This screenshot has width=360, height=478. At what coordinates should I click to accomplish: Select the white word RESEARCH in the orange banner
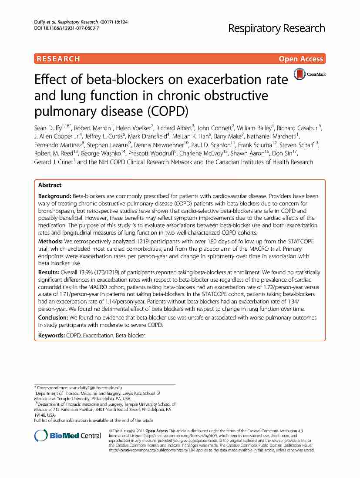click(x=58, y=59)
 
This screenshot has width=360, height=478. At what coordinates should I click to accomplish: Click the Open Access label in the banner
click(x=301, y=59)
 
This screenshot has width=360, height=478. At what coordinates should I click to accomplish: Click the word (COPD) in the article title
click(x=167, y=111)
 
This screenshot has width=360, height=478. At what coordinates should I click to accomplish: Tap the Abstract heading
click(x=50, y=185)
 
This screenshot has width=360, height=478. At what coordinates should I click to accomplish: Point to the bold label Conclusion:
click(x=55, y=318)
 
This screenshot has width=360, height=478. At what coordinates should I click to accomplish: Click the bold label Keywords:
click(x=51, y=336)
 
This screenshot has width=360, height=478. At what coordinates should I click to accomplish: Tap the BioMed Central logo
click(x=67, y=436)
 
